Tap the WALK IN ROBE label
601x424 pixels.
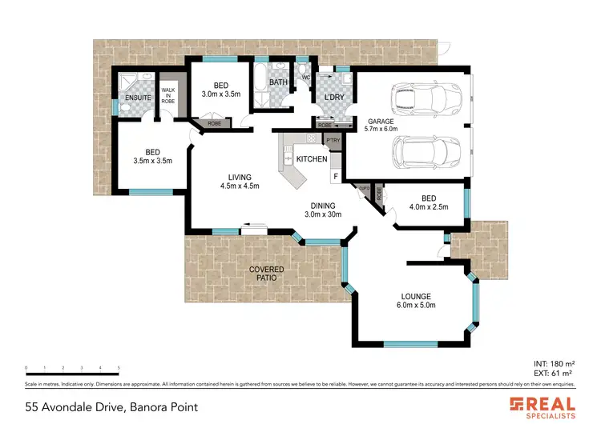pos(168,97)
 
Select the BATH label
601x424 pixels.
pos(278,82)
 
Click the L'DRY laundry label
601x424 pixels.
pos(334,98)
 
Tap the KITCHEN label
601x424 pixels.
pos(312,159)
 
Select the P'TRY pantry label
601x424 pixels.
pos(333,141)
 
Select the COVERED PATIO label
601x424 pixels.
pos(266,274)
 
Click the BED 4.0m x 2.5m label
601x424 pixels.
pos(429,203)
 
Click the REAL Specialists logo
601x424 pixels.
pos(543,406)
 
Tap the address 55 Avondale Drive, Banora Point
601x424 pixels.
pos(111,406)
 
